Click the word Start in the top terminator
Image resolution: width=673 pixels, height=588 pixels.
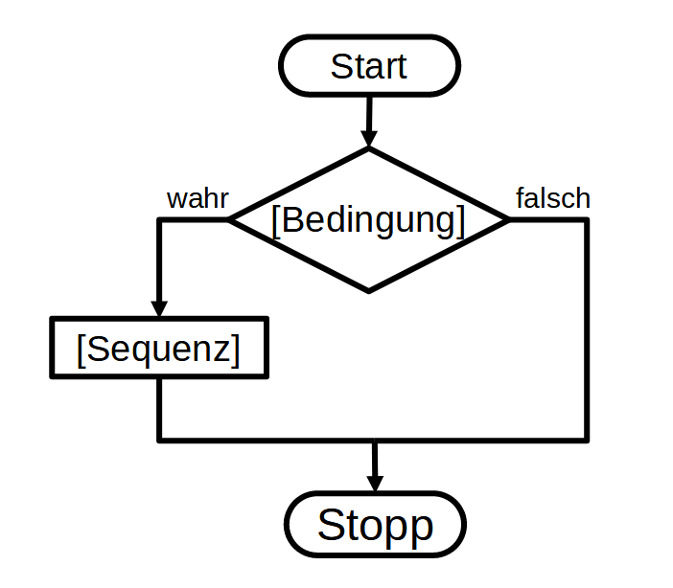click(369, 67)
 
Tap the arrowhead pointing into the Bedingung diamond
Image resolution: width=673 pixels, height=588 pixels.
click(369, 139)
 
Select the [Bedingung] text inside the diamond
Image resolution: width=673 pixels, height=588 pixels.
click(369, 220)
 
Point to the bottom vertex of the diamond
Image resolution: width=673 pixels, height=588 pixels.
click(369, 290)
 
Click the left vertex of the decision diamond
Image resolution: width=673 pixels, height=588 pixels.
click(230, 219)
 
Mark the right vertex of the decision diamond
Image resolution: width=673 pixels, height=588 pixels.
click(508, 219)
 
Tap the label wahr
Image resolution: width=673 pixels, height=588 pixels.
click(197, 199)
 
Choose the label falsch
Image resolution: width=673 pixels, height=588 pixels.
click(553, 199)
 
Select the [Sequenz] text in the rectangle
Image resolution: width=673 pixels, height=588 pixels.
click(159, 350)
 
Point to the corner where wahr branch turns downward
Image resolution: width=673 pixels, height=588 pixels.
click(159, 219)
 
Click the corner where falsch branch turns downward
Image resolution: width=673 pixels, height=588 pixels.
click(586, 219)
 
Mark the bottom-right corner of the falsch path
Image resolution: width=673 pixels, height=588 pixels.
click(586, 440)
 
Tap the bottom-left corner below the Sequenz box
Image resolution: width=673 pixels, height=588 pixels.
click(159, 440)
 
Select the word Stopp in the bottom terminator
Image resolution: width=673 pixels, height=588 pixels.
click(375, 525)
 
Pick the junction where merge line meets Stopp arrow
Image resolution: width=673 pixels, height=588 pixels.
click(375, 441)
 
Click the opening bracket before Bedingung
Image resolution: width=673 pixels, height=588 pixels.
click(276, 220)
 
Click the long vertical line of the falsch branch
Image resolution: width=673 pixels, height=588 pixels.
click(586, 330)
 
